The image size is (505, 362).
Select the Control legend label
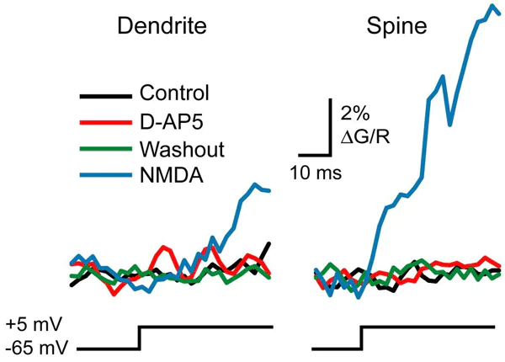click(174, 93)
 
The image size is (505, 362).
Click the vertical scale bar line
click(328, 128)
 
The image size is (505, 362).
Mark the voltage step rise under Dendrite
click(140, 337)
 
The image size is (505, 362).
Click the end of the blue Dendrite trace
click(269, 191)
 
